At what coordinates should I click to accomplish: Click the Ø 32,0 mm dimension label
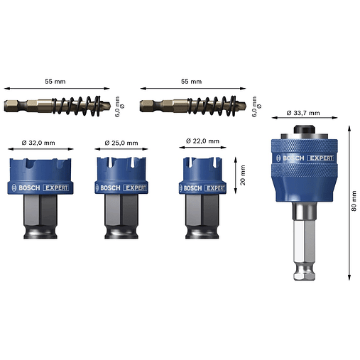click(38, 143)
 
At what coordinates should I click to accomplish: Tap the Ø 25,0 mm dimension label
click(121, 143)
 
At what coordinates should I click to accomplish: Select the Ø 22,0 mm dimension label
click(202, 141)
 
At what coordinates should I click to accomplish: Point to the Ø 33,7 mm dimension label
click(303, 113)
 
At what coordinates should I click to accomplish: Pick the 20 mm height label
click(243, 175)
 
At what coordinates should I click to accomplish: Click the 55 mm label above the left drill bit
click(55, 82)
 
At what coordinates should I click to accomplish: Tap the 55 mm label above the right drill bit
click(191, 82)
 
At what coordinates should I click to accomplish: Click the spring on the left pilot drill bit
click(76, 106)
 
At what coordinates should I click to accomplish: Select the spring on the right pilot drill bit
click(212, 106)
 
